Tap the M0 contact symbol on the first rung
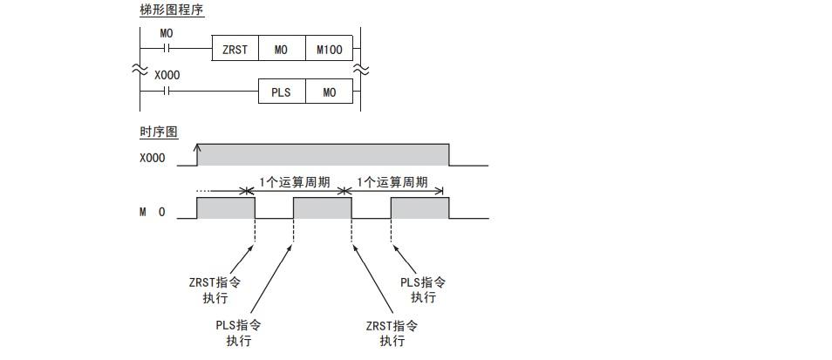[167, 50]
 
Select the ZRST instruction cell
[235, 50]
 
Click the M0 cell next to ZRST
[281, 50]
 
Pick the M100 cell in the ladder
[329, 50]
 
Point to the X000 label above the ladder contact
[167, 76]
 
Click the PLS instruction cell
[281, 92]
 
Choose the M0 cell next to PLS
[329, 92]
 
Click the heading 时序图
[159, 132]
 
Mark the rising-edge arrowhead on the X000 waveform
[198, 148]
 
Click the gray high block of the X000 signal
[323, 154]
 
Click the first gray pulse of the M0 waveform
[225, 207]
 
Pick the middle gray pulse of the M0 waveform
[322, 207]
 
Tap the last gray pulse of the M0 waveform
[419, 207]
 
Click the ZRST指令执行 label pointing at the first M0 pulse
[210, 290]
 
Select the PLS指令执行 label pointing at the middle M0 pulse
[238, 332]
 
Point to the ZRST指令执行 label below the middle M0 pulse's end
[392, 333]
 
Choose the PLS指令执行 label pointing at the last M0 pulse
[423, 289]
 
